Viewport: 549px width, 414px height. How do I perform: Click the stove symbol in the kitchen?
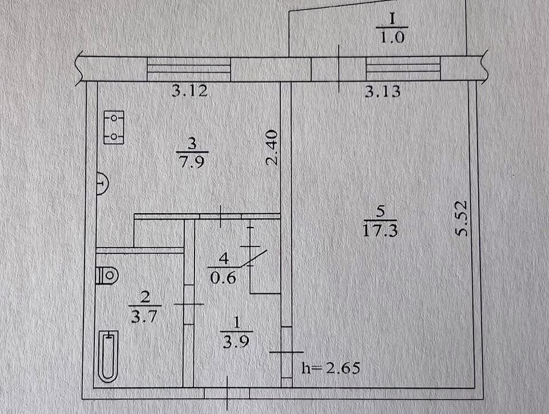[114, 128]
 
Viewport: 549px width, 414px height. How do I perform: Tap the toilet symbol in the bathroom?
[108, 276]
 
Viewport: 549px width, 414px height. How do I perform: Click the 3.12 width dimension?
[189, 91]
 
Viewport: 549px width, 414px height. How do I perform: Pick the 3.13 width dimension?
[383, 91]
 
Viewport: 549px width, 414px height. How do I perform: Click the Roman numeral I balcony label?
[392, 19]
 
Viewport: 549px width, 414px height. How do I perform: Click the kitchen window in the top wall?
[189, 70]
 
